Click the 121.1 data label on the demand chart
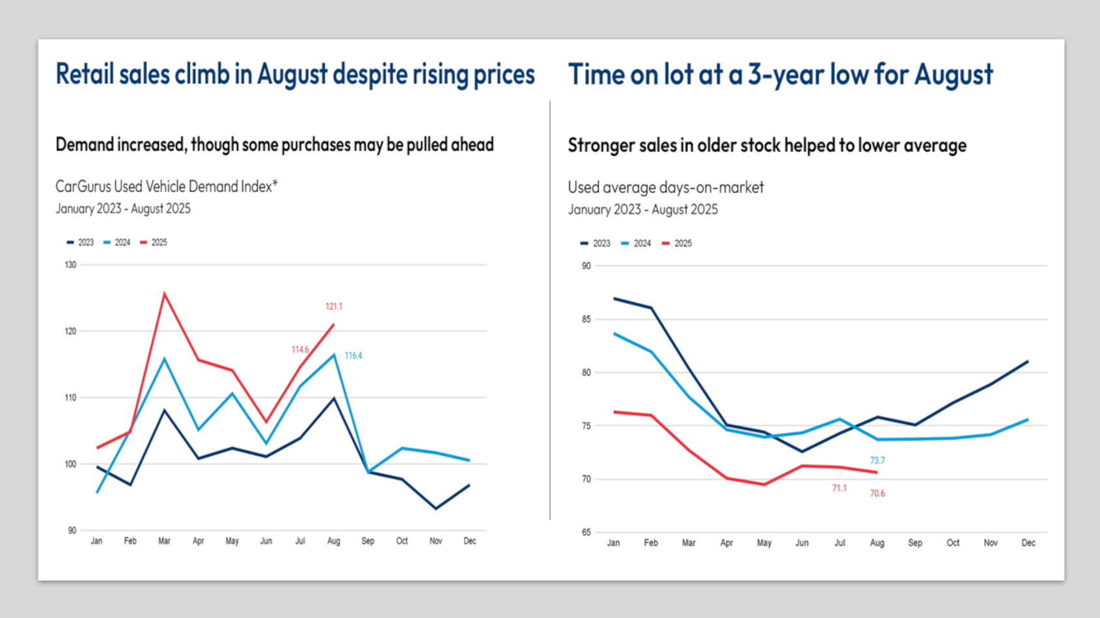coord(334,306)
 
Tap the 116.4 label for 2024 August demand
coord(353,356)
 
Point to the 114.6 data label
coord(300,350)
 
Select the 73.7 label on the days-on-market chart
coord(877,461)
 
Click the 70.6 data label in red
coord(877,494)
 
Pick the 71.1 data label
coord(840,489)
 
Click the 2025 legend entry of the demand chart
coord(154,243)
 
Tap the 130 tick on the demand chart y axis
coord(70,265)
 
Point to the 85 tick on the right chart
coord(586,319)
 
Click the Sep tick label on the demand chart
coord(368,541)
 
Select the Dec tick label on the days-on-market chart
coord(1028,543)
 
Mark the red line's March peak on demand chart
coord(165,293)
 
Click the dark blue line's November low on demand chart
coord(435,509)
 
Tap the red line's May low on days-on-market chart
coord(764,485)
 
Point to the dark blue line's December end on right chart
coord(1028,361)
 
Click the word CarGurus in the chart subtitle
coord(83,187)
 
